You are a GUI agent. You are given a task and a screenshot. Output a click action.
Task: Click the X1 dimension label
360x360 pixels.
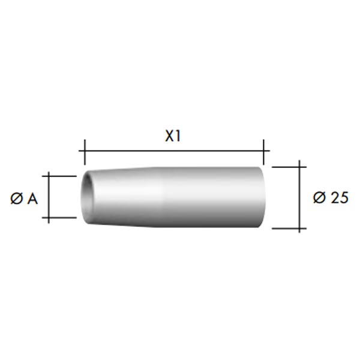tap(173, 136)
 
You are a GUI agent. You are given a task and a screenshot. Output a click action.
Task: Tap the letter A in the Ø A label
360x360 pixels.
tap(32, 199)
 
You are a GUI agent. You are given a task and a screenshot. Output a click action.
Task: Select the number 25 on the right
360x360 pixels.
tap(340, 197)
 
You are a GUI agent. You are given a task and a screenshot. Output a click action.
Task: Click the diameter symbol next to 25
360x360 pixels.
tap(319, 197)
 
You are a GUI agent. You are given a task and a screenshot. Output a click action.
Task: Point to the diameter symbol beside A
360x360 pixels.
tap(17, 199)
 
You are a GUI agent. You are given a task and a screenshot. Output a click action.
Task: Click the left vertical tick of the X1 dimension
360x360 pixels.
tap(85, 152)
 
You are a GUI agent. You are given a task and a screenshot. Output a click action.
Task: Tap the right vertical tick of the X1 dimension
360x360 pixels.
tap(263, 152)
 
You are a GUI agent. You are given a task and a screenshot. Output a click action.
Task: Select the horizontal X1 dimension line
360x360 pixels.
tap(174, 151)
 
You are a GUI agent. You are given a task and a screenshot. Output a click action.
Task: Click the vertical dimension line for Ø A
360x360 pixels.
tap(49, 197)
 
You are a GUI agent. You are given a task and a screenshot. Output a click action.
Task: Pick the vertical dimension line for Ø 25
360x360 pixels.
tap(299, 197)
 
